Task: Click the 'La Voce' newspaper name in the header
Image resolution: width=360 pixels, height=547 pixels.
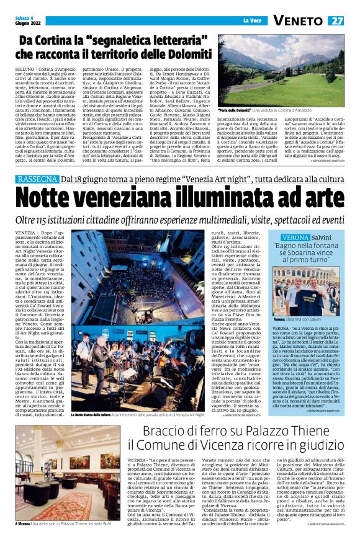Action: point(251,20)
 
